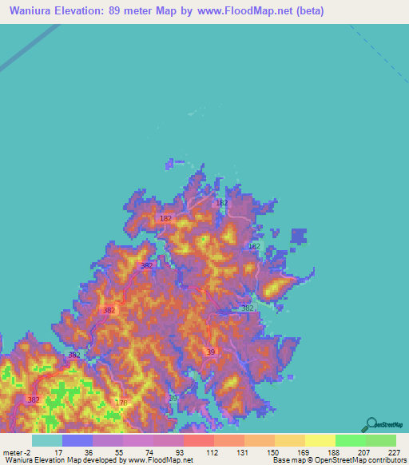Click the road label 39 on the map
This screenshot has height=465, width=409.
211,352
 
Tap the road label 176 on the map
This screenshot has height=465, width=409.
121,403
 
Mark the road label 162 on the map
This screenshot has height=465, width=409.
221,204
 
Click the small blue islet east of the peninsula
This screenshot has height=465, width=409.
299,236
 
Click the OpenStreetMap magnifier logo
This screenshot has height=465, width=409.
372,424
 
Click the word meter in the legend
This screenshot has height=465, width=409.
11,452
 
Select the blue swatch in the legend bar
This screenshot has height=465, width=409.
77,440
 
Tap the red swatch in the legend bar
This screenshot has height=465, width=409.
198,440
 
